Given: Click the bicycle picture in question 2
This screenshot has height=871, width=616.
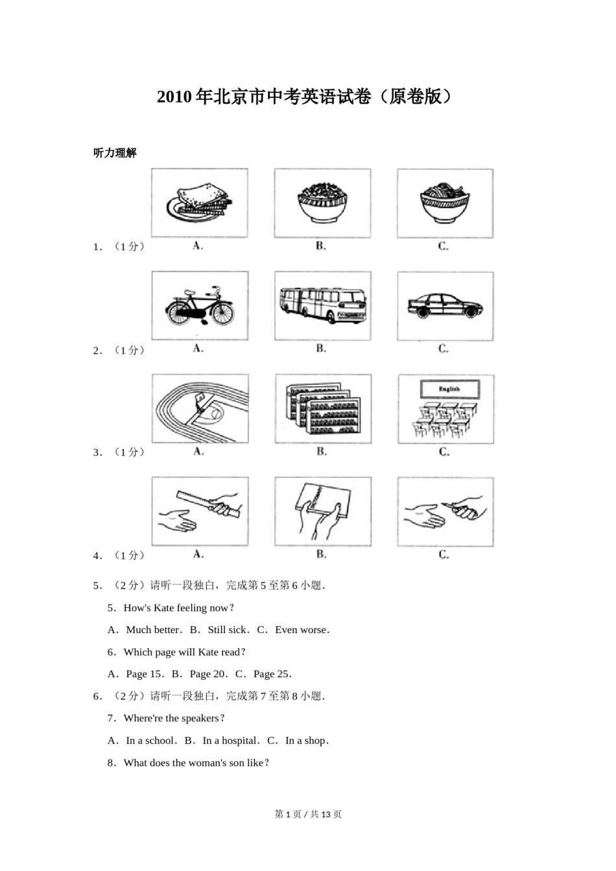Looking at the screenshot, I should [199, 306].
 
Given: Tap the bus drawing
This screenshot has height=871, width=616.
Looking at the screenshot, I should [322, 306].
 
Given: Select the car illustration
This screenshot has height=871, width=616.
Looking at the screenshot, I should [445, 305].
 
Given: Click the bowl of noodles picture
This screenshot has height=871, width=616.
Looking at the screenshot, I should [444, 202].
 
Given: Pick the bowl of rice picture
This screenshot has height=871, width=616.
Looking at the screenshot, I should [322, 202].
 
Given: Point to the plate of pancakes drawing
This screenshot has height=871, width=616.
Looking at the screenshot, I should [199, 202].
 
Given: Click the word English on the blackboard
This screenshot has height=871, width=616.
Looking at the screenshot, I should [449, 389].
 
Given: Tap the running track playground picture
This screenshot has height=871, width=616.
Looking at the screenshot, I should [200, 408].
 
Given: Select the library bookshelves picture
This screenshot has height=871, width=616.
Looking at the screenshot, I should [322, 409].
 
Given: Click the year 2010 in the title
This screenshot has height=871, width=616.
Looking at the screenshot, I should [174, 97].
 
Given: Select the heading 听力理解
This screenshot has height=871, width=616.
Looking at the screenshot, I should [115, 153].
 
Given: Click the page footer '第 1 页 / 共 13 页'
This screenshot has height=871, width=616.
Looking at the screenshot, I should [308, 814].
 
